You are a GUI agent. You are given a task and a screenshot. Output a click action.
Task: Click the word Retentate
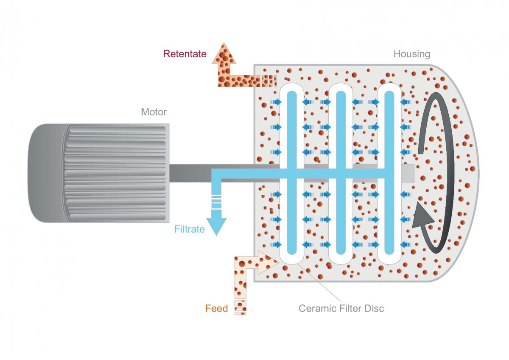(185, 54)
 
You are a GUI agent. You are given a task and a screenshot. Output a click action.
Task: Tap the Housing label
(411, 54)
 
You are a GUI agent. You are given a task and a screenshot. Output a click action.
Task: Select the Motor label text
(154, 112)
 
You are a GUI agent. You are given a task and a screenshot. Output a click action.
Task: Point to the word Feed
(216, 309)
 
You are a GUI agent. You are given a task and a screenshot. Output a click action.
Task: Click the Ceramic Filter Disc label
(341, 308)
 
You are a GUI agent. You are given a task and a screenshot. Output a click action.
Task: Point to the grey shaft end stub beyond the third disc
(408, 172)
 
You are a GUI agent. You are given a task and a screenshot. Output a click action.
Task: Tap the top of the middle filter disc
(341, 87)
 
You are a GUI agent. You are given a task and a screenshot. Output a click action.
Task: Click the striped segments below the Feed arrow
(241, 307)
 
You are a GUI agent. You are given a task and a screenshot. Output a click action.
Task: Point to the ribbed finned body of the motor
(115, 173)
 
